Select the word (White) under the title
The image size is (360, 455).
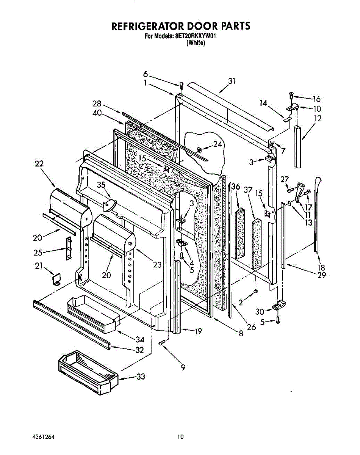coord(196,43)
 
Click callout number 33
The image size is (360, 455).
coord(140,377)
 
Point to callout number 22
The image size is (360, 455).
coord(39,164)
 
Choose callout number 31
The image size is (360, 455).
coord(232,81)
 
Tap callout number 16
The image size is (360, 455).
coord(316,99)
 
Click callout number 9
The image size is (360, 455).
coord(183,367)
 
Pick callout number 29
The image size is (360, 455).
coord(321,276)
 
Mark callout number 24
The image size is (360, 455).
coord(217,144)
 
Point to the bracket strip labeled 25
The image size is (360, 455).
coord(69,249)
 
